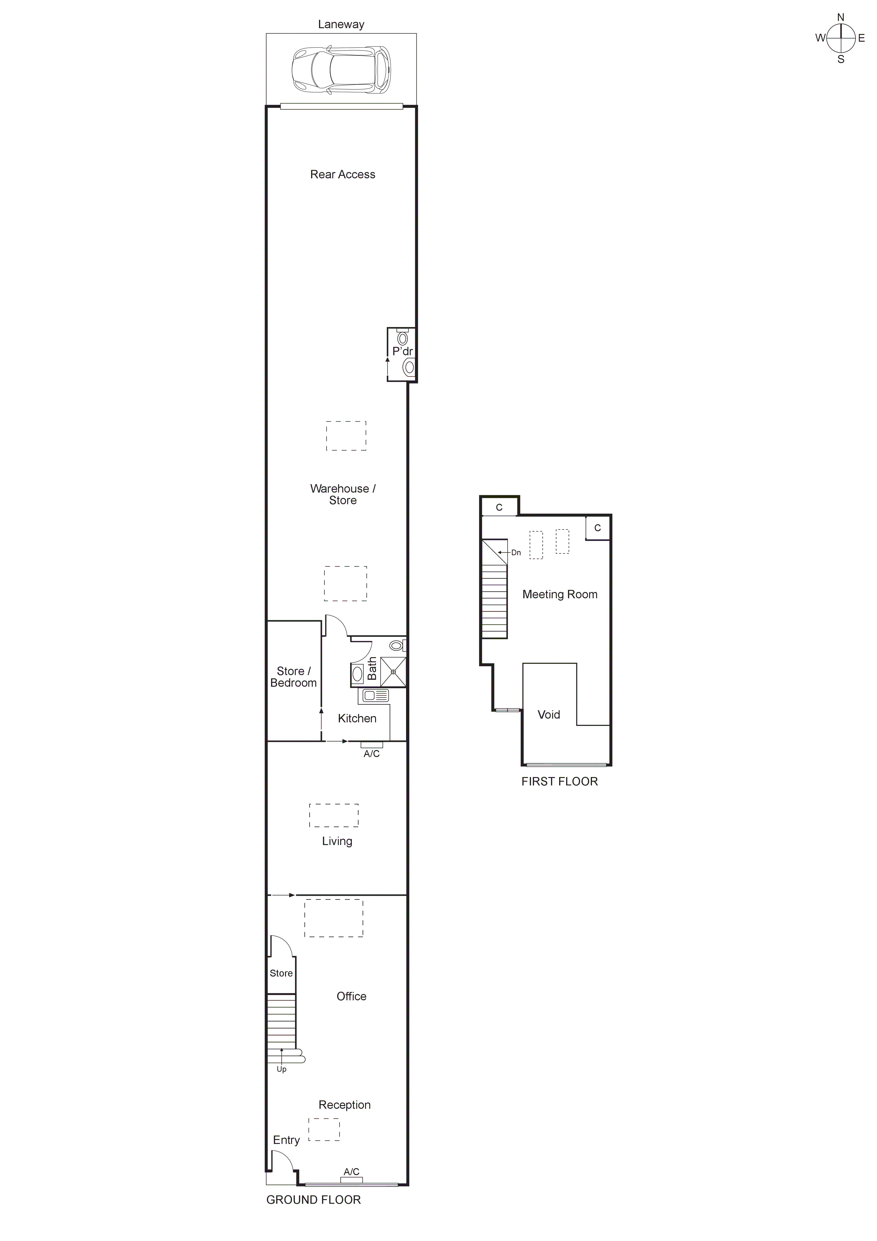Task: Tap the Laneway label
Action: (341, 24)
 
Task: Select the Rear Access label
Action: (343, 175)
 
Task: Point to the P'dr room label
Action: (403, 351)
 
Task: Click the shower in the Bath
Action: (393, 672)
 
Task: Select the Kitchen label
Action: (357, 718)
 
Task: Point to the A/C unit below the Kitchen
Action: (372, 745)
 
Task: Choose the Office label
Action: (351, 996)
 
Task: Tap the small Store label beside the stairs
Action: (281, 973)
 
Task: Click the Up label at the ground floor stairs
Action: (282, 1069)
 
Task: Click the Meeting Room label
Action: (560, 595)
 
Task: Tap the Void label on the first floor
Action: (548, 715)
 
